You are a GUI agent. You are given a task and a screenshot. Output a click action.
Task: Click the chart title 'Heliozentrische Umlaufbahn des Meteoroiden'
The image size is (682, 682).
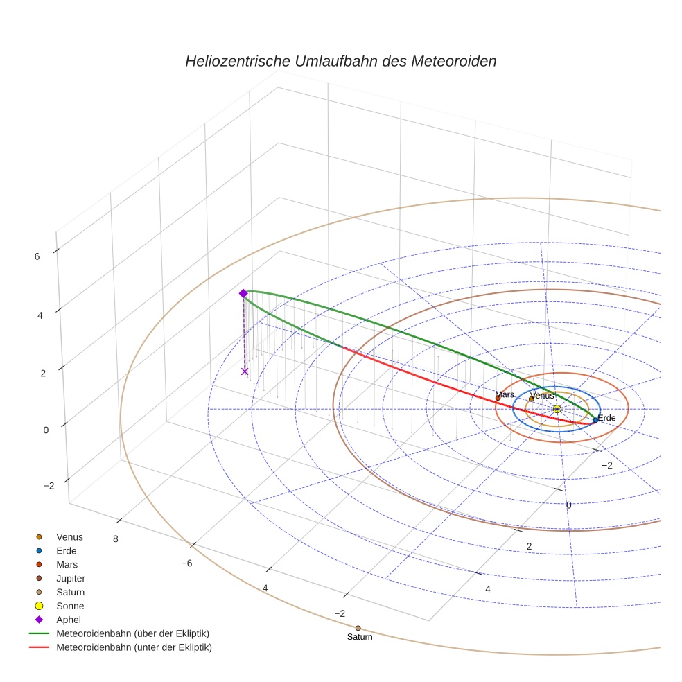coord(340,61)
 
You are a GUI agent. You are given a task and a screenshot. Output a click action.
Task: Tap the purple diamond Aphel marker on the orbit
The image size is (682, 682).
coord(243,293)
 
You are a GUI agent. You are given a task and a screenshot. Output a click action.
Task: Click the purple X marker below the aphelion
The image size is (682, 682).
coord(244,371)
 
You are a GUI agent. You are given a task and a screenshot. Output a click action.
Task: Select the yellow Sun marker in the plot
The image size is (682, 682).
coord(557,409)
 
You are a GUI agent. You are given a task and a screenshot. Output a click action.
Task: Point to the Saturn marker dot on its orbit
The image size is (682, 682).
coord(358,628)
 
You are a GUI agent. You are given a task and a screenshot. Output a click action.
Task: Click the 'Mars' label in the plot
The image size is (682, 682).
coord(505,394)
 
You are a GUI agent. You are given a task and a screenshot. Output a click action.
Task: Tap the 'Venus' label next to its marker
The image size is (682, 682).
coord(542,396)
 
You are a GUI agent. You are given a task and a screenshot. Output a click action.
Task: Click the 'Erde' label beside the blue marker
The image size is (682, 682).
coord(606,418)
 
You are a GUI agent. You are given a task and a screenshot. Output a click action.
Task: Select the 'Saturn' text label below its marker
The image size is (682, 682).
coord(360,637)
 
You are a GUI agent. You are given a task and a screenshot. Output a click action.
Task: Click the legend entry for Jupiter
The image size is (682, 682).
coord(70,578)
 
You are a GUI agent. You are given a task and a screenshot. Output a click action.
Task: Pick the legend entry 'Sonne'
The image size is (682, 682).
coord(70,606)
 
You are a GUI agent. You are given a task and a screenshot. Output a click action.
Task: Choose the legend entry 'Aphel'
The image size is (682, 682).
coord(69,620)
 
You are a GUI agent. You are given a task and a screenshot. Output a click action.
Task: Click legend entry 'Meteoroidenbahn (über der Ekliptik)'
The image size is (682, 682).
coord(132,633)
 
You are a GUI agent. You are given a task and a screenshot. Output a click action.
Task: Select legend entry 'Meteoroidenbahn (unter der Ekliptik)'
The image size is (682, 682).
coord(134,647)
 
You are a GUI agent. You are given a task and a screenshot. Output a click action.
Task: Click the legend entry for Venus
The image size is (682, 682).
coord(69,536)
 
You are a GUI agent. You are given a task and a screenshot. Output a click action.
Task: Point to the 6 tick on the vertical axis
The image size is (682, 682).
coord(37,256)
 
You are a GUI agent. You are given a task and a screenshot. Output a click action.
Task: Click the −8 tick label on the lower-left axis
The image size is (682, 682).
coord(113,539)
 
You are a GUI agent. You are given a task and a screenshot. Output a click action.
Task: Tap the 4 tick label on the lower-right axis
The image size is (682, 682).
coord(488,589)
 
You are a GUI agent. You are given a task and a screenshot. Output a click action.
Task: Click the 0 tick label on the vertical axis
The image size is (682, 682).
coord(46,430)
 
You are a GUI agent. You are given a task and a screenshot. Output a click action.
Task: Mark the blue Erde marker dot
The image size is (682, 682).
coord(595,420)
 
